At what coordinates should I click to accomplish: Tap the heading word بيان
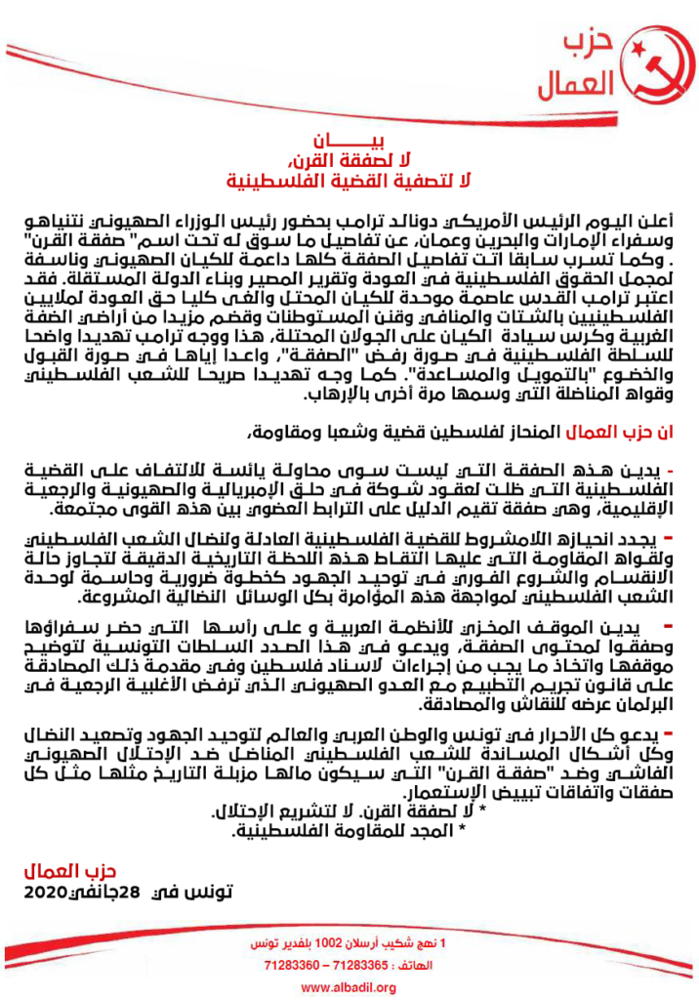pos(349,141)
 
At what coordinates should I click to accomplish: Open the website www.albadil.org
pos(349,988)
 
